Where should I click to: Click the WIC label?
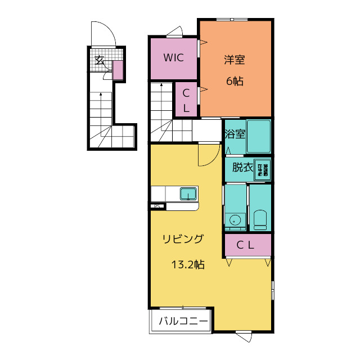(173, 57)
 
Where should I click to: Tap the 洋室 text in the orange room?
(235, 60)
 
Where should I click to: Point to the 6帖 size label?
(235, 81)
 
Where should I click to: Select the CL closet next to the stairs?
(186, 100)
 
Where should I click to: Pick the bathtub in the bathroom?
(259, 136)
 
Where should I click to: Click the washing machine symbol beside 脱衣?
(263, 168)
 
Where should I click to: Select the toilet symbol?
(260, 219)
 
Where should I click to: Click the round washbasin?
(235, 220)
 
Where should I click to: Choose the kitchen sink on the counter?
(188, 194)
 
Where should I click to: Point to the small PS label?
(158, 206)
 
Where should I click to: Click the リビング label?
(183, 239)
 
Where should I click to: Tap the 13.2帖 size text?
(187, 264)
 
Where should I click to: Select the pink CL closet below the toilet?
(248, 245)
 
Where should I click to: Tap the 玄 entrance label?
(100, 60)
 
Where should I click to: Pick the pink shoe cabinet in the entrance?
(118, 70)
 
